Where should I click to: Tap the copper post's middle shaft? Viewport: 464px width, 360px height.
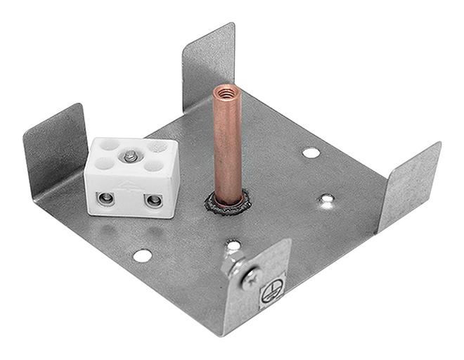pyautogui.click(x=228, y=144)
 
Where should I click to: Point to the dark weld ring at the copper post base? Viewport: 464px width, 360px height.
pyautogui.click(x=226, y=203)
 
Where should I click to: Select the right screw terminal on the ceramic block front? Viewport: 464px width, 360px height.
pyautogui.click(x=152, y=202)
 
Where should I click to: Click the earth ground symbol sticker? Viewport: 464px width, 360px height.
pyautogui.click(x=269, y=295)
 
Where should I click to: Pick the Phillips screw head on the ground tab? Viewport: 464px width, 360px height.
pyautogui.click(x=251, y=278)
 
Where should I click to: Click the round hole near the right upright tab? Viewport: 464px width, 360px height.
pyautogui.click(x=311, y=152)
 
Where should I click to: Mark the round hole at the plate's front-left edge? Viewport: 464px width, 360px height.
pyautogui.click(x=142, y=255)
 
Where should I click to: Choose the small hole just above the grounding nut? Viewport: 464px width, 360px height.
pyautogui.click(x=233, y=245)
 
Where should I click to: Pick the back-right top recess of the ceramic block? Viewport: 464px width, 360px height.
pyautogui.click(x=159, y=148)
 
